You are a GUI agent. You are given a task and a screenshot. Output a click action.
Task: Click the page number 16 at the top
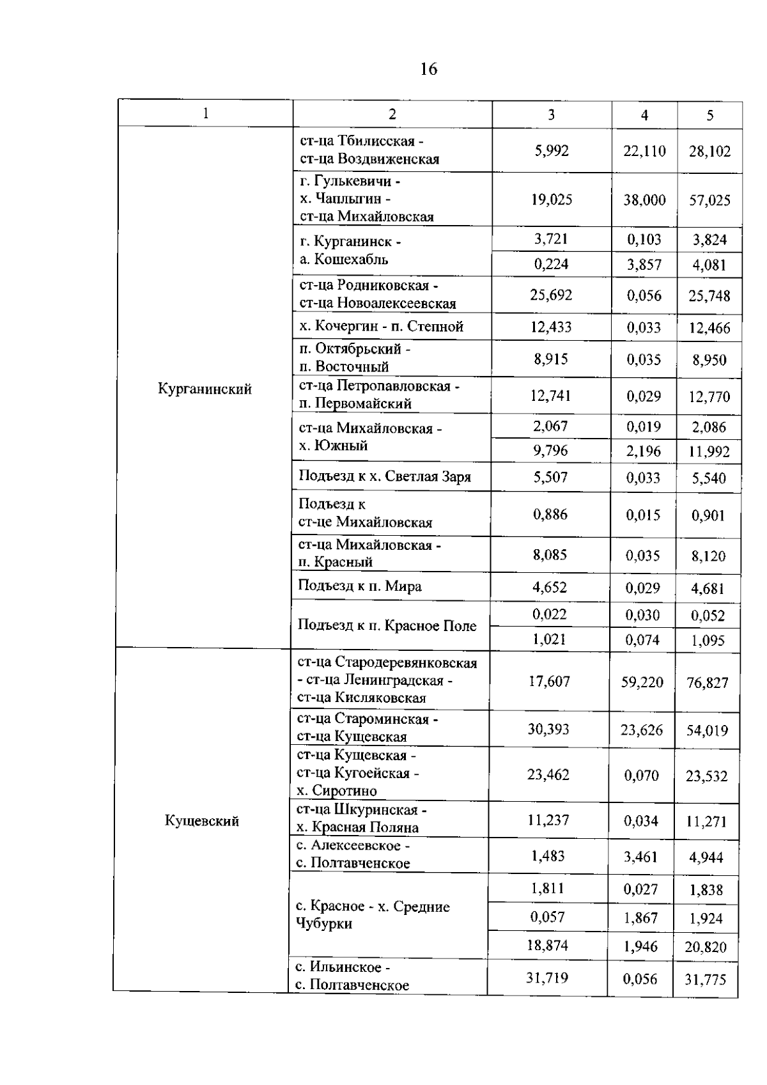tap(429, 69)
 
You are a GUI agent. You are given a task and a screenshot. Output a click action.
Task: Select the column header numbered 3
tap(551, 114)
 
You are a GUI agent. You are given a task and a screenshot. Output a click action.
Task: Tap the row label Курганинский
tap(205, 389)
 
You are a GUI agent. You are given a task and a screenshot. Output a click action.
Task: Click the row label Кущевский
tap(202, 821)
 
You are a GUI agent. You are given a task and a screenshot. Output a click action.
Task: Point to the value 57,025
tap(709, 201)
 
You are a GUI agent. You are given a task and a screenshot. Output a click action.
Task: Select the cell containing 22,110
tap(644, 152)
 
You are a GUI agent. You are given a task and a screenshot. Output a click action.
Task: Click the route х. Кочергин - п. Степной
tap(381, 327)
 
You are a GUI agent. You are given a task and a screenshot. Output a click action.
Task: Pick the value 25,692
tap(551, 295)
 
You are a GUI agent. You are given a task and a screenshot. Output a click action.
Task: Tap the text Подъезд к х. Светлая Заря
tap(385, 477)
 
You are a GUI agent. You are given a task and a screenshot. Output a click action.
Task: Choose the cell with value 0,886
tap(550, 514)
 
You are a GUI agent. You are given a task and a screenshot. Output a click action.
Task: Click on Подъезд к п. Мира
tap(360, 586)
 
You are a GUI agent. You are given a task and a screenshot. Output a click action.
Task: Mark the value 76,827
tap(707, 683)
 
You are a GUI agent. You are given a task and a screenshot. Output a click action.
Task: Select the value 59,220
tap(642, 682)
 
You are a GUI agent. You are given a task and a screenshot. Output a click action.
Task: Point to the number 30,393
tap(548, 730)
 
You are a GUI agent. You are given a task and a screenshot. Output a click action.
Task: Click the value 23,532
tap(706, 776)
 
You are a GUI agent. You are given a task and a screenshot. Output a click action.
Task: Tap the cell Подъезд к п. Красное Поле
tap(387, 626)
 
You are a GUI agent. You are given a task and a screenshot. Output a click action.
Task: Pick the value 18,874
tap(548, 946)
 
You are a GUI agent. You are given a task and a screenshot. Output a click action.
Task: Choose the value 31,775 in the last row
tap(706, 980)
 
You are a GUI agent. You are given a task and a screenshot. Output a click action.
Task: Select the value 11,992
tap(709, 452)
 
